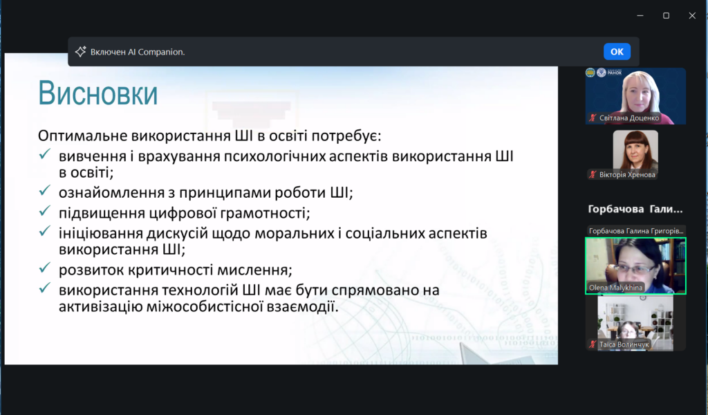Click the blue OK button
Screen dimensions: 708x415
[617, 52]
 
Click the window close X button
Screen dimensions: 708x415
[692, 16]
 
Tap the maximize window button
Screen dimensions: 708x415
[666, 16]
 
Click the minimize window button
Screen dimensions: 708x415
[640, 16]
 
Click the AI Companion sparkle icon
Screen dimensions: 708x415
[80, 51]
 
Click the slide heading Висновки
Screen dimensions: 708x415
[98, 93]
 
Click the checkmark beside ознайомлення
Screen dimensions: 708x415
[45, 191]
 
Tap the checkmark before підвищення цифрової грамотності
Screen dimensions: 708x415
[45, 211]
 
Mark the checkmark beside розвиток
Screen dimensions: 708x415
[45, 268]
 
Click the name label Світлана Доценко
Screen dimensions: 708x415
[629, 118]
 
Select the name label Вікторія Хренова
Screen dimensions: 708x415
[626, 175]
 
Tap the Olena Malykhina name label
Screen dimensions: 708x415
[615, 288]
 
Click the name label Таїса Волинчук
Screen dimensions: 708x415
[624, 344]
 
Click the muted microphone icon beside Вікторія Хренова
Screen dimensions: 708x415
[593, 175]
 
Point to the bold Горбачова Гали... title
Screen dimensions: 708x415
[635, 209]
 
